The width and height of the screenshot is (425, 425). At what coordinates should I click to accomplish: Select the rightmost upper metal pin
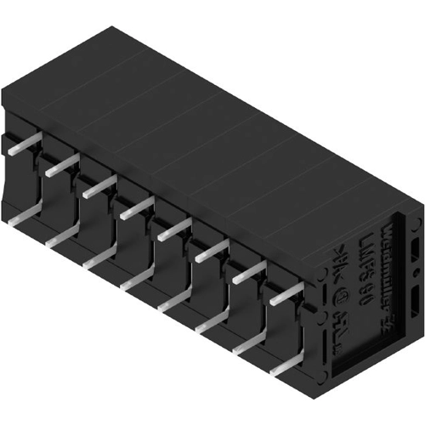click(x=286, y=294)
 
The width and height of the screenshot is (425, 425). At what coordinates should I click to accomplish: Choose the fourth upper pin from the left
click(x=136, y=207)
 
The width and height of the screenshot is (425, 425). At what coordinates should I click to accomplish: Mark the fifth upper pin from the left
click(x=174, y=228)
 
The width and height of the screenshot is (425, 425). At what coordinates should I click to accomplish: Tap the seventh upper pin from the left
click(x=249, y=272)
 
